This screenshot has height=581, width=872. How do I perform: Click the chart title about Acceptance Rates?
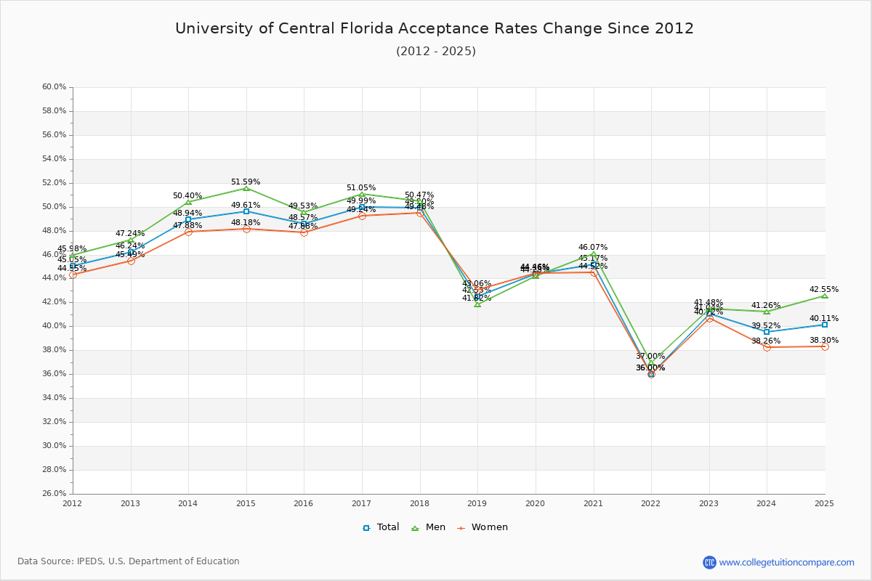[435, 28]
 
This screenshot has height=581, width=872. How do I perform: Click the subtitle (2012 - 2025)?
[436, 52]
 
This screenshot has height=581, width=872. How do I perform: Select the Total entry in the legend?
[381, 527]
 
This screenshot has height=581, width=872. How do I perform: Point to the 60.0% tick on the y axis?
[54, 87]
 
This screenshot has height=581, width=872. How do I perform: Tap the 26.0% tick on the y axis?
[54, 494]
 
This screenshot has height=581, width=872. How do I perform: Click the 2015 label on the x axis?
[246, 503]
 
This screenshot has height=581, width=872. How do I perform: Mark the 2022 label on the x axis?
[650, 503]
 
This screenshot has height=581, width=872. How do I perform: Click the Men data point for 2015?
[246, 188]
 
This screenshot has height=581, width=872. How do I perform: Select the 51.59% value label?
[246, 182]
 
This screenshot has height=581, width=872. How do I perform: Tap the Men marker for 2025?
[825, 296]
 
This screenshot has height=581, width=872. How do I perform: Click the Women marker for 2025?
[825, 346]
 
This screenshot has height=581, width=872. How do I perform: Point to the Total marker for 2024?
[767, 332]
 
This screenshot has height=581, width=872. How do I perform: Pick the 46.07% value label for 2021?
[593, 248]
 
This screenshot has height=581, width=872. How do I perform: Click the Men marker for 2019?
[477, 304]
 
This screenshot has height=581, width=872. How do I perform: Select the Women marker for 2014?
[188, 232]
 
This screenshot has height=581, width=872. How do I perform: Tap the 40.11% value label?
[824, 318]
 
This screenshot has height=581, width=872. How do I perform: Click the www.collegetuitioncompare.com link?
[786, 562]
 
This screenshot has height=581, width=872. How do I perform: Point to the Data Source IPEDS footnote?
[129, 561]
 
